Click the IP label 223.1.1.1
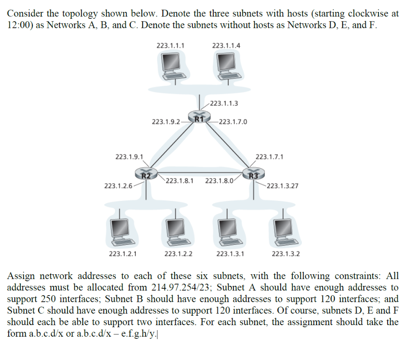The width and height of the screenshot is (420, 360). tap(170, 46)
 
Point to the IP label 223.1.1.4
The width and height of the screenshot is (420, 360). tap(226, 46)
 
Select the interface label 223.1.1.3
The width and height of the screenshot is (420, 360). tap(224, 103)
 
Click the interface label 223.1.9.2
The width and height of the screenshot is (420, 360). tap(166, 122)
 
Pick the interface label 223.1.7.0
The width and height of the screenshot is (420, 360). tap(233, 121)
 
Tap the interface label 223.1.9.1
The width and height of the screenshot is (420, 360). tap(130, 157)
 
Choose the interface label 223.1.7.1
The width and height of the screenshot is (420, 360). tap(269, 157)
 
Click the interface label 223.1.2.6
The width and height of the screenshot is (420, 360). tap(118, 186)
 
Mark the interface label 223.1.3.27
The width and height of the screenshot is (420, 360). tap(282, 186)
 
